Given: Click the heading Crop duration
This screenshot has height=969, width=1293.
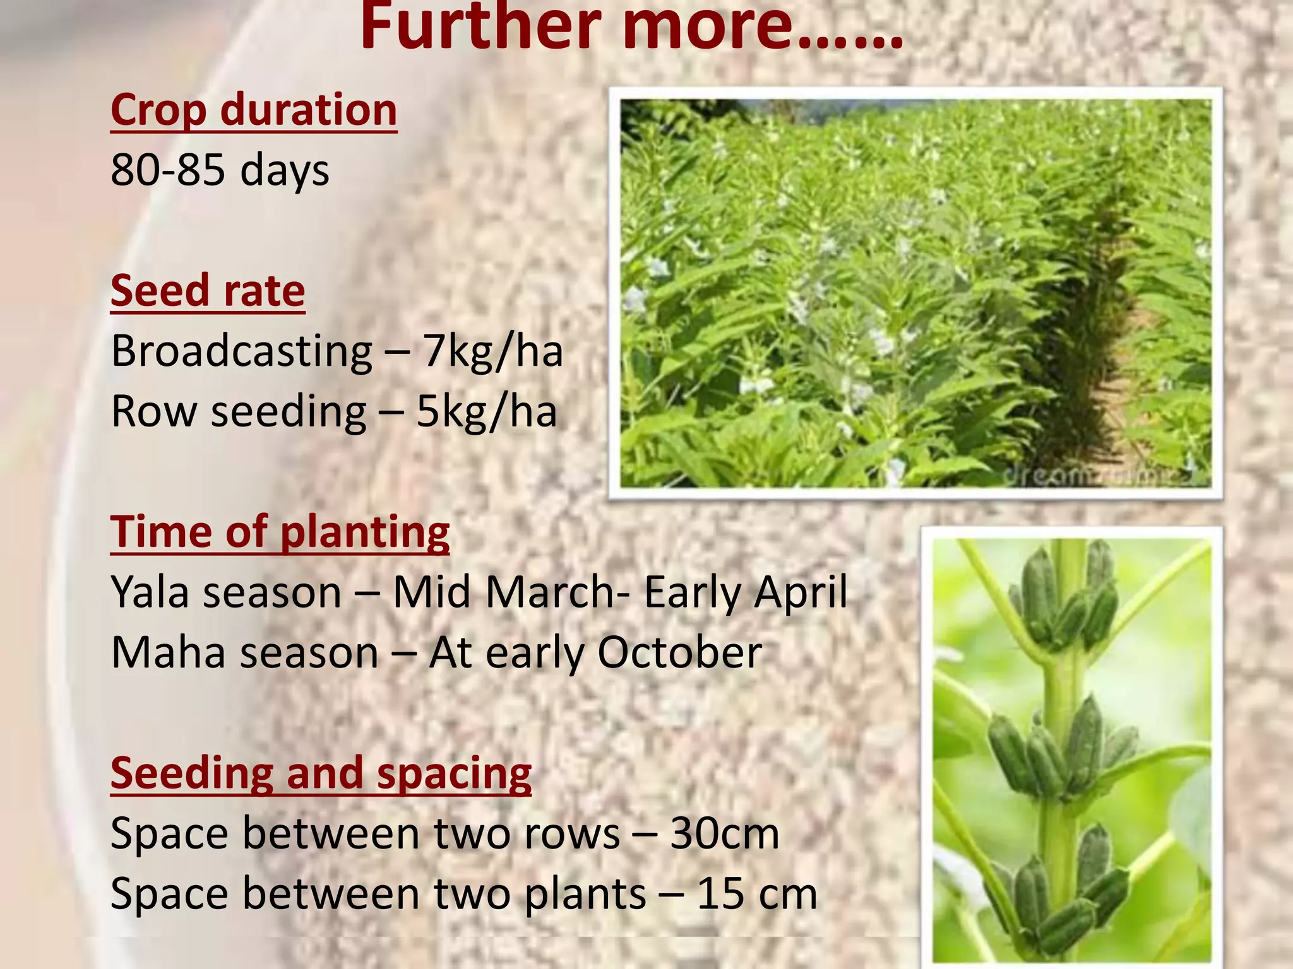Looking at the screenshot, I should point(254,110).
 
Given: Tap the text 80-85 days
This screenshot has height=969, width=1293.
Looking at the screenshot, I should point(220,170).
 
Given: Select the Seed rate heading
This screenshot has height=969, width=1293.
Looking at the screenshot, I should point(208,291).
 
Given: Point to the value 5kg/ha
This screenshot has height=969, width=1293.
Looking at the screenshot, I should point(486,411).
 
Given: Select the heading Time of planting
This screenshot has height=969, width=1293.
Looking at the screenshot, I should point(280,532).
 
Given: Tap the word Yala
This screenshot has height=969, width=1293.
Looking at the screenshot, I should point(150,592).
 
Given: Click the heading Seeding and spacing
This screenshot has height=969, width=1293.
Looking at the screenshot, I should point(321,773).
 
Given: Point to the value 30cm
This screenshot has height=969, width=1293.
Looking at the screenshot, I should point(724,833).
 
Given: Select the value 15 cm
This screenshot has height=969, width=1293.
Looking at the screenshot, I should point(756,894).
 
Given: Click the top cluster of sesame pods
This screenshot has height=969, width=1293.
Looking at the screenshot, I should point(1067,599).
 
